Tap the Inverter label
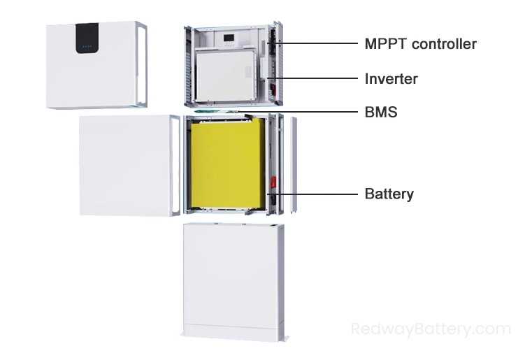coord(391,79)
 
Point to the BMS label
coord(381,111)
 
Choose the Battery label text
coord(389,194)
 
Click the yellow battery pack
coord(226,165)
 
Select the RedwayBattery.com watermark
coord(431,329)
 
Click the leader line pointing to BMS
coord(301,111)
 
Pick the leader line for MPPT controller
coord(319,44)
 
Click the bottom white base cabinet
coord(232,280)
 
